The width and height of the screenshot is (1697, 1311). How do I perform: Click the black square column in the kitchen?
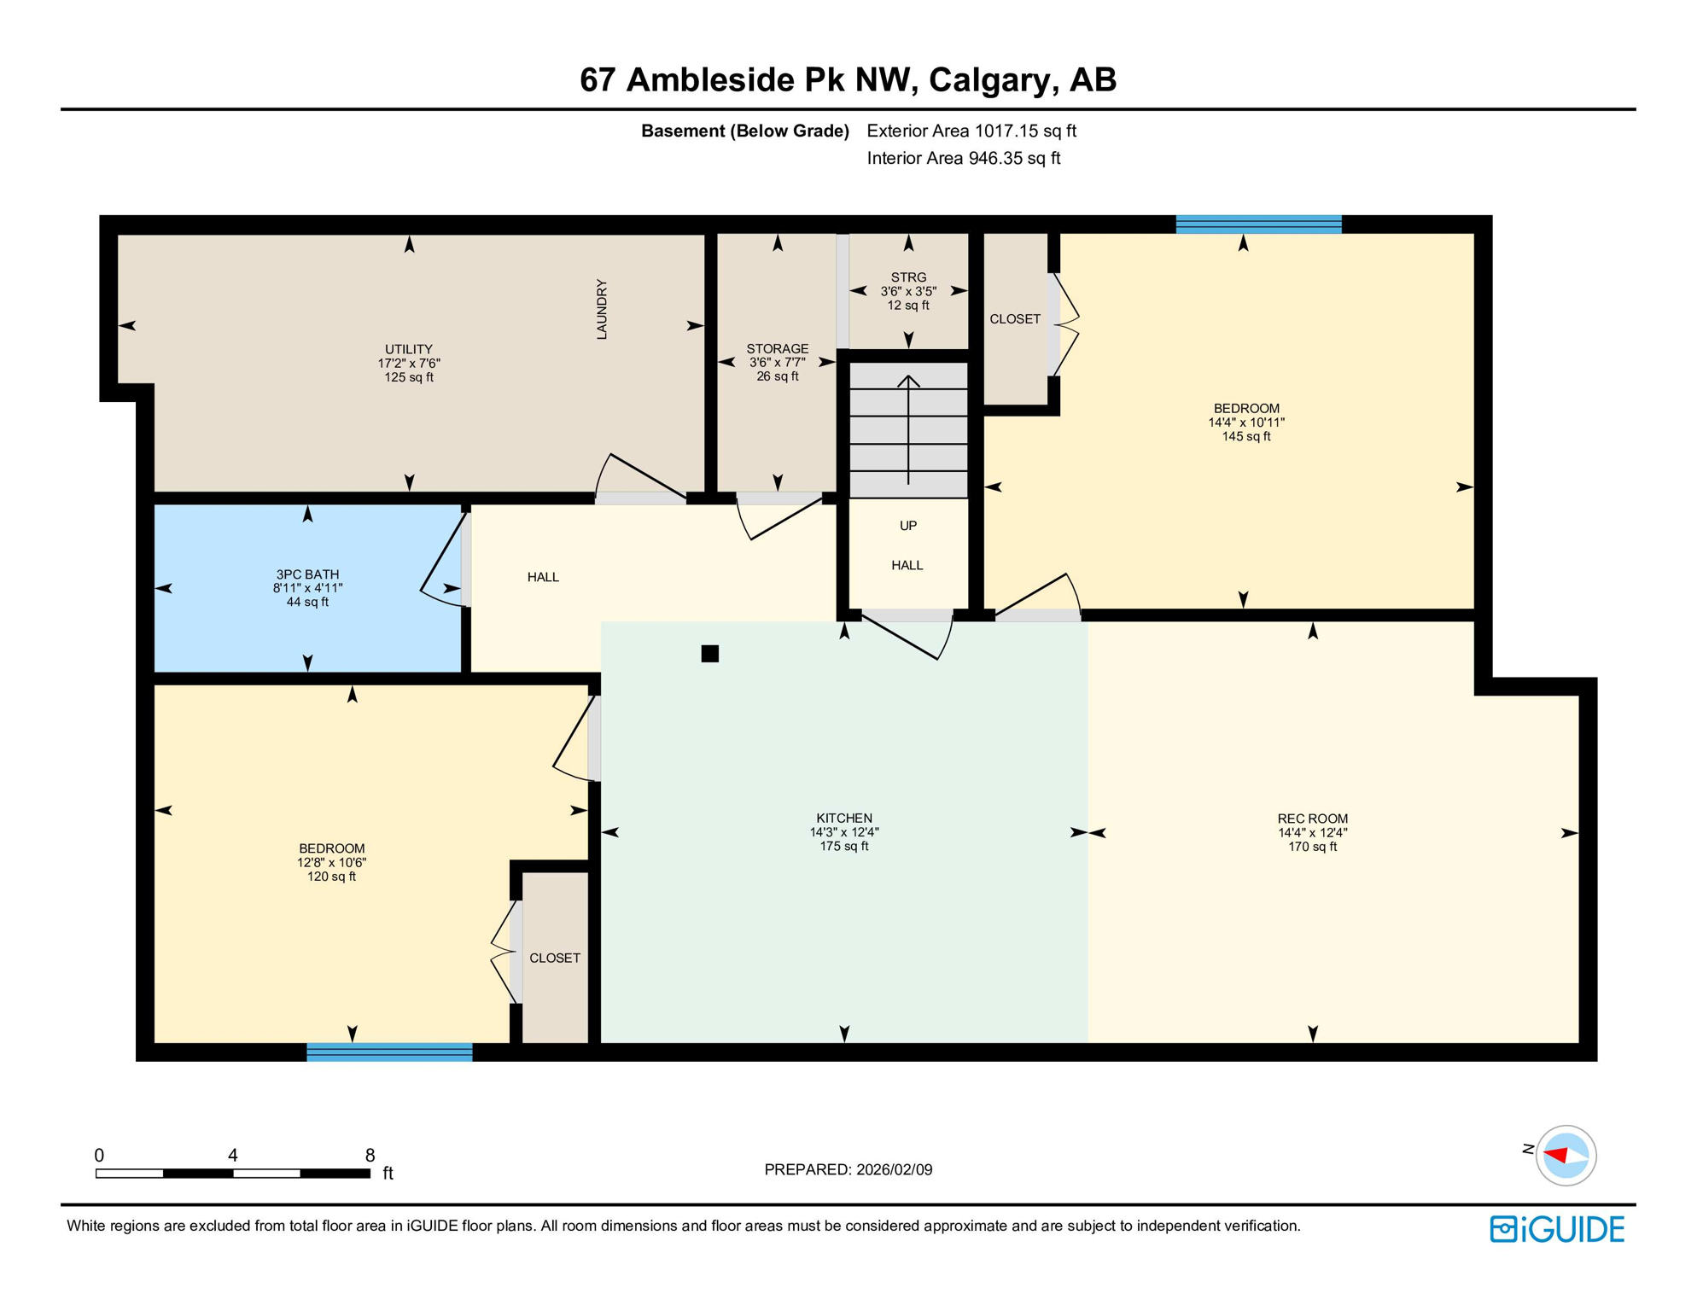[x=709, y=654]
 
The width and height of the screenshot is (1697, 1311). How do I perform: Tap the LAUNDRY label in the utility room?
[x=602, y=309]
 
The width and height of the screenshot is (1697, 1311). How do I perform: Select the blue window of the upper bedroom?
[x=1258, y=224]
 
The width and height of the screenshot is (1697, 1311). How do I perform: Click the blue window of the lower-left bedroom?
[x=389, y=1052]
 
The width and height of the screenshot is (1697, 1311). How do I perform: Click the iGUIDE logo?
[x=1557, y=1229]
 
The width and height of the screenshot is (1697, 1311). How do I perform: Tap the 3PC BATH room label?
[x=307, y=574]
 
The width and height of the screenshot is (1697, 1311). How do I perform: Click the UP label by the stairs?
[x=908, y=526]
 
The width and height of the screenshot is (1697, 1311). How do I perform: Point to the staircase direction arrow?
[x=908, y=427]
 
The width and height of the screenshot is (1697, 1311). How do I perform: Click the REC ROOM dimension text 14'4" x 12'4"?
[x=1312, y=832]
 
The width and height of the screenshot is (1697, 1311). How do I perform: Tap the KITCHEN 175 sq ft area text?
[x=843, y=846]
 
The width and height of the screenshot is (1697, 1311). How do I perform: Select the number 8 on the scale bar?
[x=370, y=1155]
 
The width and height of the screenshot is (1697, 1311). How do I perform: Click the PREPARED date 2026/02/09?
[x=892, y=1169]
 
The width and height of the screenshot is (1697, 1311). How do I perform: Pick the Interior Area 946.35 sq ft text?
[x=963, y=158]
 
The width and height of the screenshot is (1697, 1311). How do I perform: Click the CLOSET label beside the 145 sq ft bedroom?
[x=1014, y=319]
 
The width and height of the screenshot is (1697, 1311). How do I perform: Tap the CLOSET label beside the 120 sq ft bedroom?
[x=555, y=958]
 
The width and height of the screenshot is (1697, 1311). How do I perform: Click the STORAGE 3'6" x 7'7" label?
[x=777, y=362]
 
